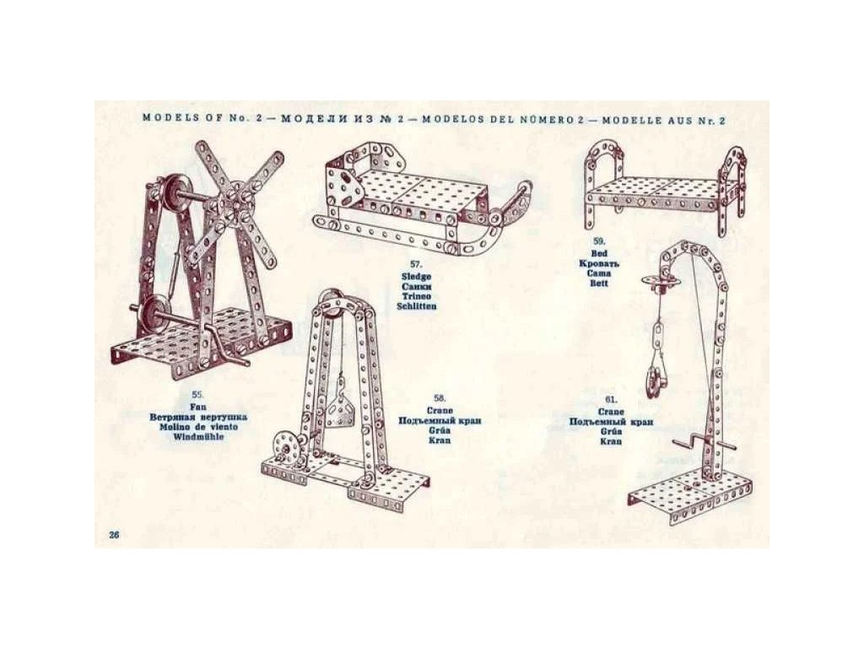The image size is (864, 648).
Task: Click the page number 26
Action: tap(115, 535)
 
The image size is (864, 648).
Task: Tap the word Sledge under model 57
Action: tap(417, 276)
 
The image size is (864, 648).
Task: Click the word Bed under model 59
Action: tap(599, 253)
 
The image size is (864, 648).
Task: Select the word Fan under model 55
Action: tap(198, 406)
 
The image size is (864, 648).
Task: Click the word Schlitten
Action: tap(417, 305)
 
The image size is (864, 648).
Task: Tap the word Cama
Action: tap(599, 273)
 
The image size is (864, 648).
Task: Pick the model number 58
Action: tap(440, 397)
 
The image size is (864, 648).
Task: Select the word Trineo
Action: tap(417, 295)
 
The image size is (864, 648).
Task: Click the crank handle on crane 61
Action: tap(688, 441)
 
